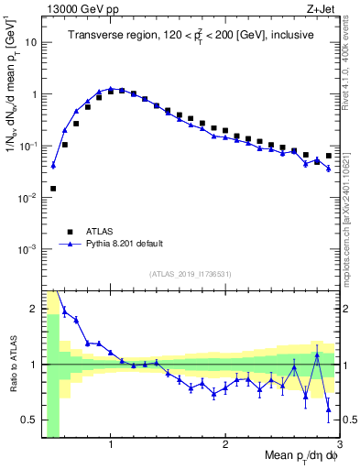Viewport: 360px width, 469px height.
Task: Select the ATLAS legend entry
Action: (98, 232)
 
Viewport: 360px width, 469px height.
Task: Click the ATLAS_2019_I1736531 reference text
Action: (190, 274)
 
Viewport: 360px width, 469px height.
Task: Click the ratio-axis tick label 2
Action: (33, 309)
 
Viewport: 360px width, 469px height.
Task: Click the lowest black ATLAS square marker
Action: (53, 189)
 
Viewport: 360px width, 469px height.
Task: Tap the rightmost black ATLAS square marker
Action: (329, 156)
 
